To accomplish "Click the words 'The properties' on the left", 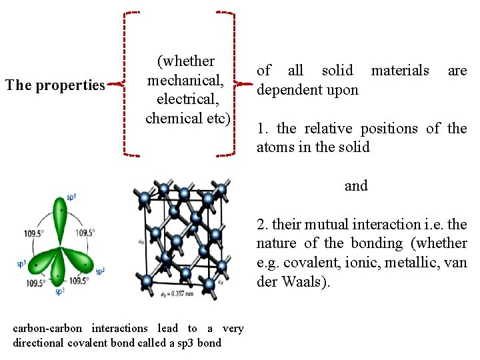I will (55, 85).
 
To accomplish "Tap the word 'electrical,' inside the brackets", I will (189, 99).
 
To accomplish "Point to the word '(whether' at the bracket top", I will (186, 61).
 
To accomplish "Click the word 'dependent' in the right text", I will (289, 89).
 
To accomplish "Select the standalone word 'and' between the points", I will (356, 186).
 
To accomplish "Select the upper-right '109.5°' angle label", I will (85, 233).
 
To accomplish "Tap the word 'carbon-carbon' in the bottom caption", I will (47, 328).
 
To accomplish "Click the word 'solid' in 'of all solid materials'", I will (337, 71).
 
